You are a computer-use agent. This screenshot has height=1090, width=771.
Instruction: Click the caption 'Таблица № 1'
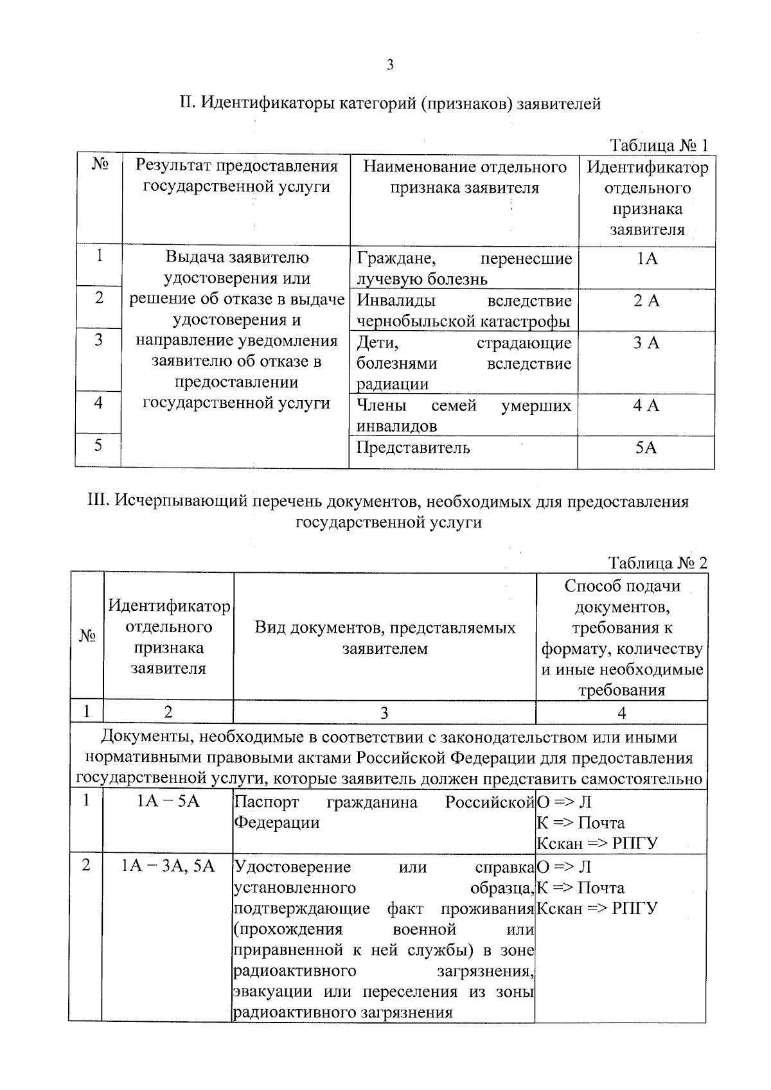click(x=658, y=145)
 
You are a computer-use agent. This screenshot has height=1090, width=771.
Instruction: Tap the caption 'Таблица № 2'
click(x=657, y=563)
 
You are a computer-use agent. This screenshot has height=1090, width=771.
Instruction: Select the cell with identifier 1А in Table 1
click(x=646, y=259)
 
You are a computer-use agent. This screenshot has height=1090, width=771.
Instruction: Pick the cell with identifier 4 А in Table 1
click(x=646, y=405)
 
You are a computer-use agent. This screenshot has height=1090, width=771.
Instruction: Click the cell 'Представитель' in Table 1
click(x=413, y=448)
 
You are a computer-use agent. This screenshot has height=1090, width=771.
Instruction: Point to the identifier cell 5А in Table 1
click(x=646, y=448)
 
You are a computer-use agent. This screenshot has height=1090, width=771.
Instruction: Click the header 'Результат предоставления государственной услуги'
click(x=236, y=177)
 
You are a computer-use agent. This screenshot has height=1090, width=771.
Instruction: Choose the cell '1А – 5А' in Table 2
click(x=168, y=802)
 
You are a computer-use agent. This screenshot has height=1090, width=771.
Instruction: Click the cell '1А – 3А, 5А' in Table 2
click(x=168, y=866)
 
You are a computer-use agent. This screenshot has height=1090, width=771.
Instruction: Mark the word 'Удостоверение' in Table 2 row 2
click(x=292, y=866)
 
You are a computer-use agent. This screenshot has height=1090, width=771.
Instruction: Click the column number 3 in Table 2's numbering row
click(x=384, y=712)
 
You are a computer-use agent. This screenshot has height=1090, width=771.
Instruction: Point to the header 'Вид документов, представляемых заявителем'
click(x=385, y=638)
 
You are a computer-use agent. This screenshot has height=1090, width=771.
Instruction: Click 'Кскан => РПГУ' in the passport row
click(x=598, y=843)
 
